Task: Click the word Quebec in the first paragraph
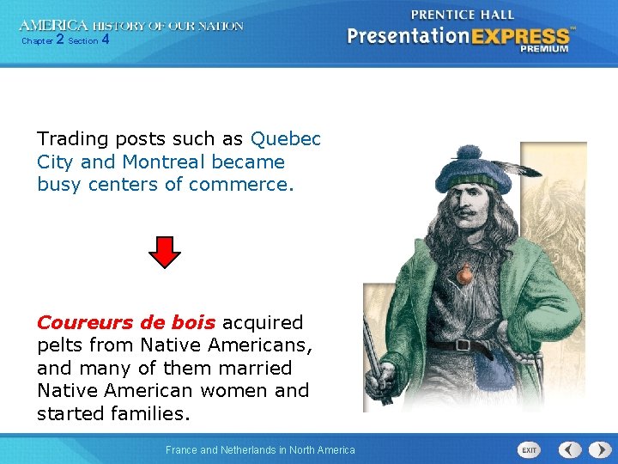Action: pyautogui.click(x=286, y=139)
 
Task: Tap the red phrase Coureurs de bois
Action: pyautogui.click(x=126, y=322)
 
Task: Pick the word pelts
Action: pyautogui.click(x=62, y=345)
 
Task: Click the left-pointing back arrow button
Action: pyautogui.click(x=569, y=449)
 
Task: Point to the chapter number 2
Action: pyautogui.click(x=59, y=40)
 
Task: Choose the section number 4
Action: pyautogui.click(x=105, y=40)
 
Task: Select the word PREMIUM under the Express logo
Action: pyautogui.click(x=543, y=49)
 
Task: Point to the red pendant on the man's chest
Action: pyautogui.click(x=463, y=275)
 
